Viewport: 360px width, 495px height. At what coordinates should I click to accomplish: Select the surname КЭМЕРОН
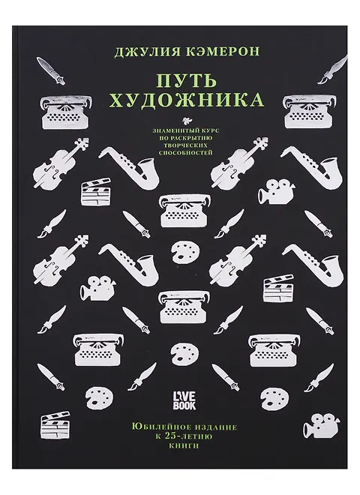[x=223, y=51]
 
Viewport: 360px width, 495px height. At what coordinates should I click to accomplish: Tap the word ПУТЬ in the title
[x=187, y=80]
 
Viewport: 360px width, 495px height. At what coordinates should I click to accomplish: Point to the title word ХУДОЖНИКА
[x=187, y=100]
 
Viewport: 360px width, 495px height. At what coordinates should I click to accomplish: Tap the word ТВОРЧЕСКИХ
[x=186, y=145]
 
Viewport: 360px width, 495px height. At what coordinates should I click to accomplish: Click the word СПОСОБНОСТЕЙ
[x=186, y=154]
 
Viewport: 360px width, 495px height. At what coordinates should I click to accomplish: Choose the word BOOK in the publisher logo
[x=184, y=406]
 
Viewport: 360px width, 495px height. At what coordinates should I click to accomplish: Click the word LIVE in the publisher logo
[x=184, y=396]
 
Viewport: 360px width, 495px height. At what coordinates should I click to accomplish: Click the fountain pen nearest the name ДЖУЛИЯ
[x=50, y=70]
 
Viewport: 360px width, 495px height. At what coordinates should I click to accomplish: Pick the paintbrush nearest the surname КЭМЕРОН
[x=332, y=70]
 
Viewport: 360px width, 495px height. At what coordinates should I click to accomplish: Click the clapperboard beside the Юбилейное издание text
[x=55, y=424]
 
